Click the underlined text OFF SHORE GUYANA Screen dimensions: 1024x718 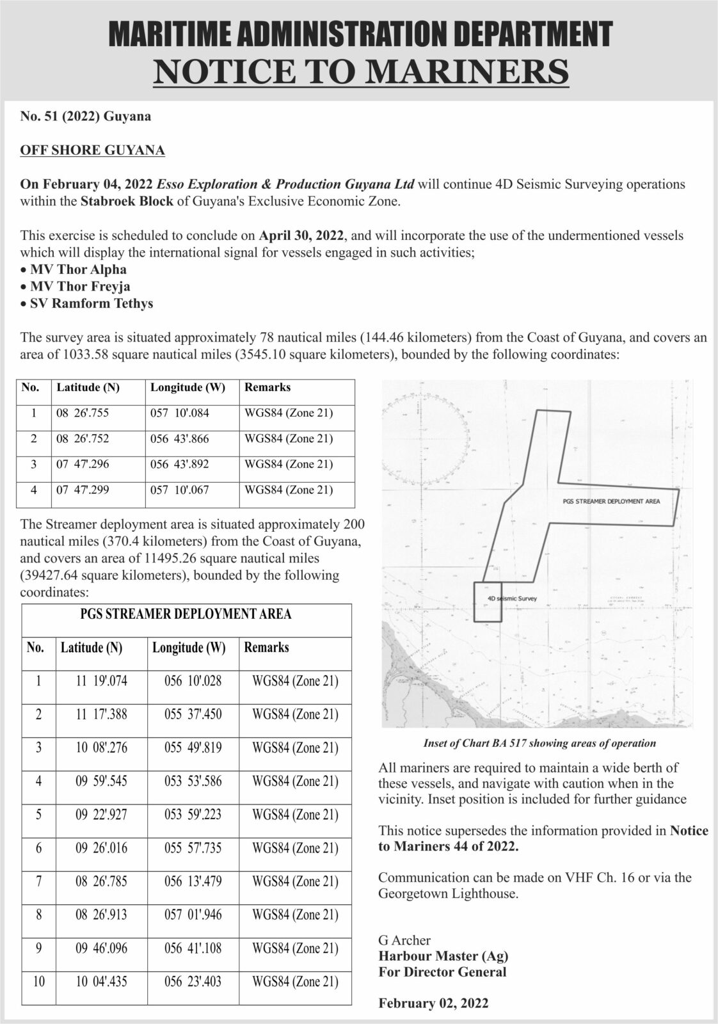(93, 150)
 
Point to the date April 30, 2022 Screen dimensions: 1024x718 (302, 235)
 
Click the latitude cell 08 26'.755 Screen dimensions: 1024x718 (83, 413)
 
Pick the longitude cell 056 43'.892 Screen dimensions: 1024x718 (180, 465)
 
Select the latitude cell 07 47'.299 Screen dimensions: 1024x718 (83, 490)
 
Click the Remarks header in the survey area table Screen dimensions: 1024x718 (267, 387)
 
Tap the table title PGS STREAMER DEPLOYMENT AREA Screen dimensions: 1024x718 (186, 614)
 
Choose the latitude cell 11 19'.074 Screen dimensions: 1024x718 (101, 681)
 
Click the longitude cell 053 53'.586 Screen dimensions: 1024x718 (193, 781)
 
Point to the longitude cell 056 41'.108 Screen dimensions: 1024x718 (193, 948)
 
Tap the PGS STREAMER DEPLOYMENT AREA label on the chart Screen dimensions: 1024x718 (611, 501)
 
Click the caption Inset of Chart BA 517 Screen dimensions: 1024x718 (539, 743)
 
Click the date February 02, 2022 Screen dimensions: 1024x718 (433, 1003)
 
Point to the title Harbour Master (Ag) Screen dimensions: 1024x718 (443, 956)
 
